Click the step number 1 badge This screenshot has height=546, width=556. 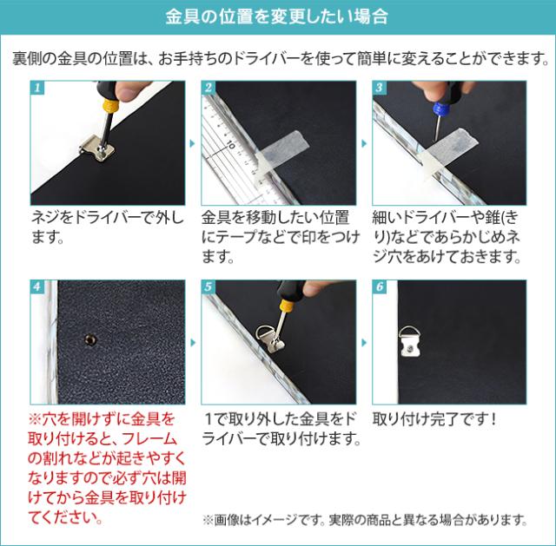pyautogui.click(x=37, y=89)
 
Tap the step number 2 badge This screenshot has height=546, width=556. pyautogui.click(x=208, y=89)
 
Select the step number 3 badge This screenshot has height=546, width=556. pyautogui.click(x=380, y=89)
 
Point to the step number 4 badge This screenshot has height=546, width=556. pyautogui.click(x=37, y=286)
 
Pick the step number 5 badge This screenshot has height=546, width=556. pyautogui.click(x=208, y=286)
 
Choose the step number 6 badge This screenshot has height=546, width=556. pyautogui.click(x=380, y=286)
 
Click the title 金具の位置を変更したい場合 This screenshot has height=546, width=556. pyautogui.click(x=277, y=17)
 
